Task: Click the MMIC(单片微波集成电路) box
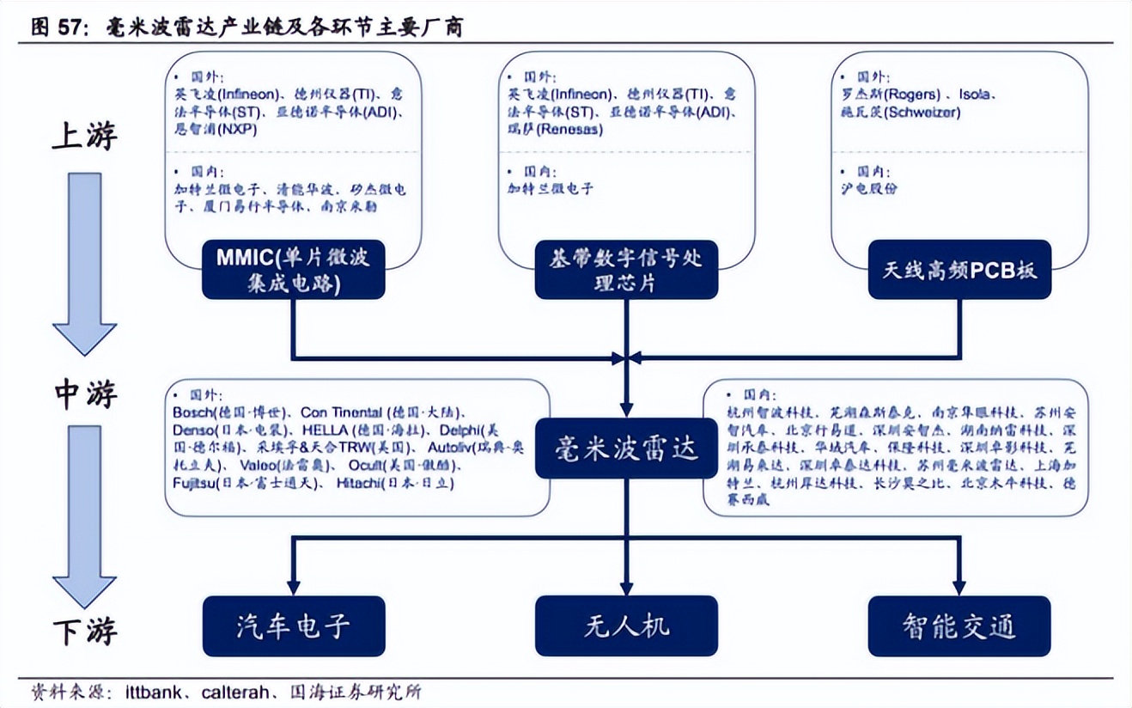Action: tap(294, 270)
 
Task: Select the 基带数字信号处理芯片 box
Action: tap(626, 270)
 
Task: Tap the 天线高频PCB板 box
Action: tap(959, 270)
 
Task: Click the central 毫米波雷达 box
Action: tap(626, 448)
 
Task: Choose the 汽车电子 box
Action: tap(294, 626)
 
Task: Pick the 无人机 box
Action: tap(626, 626)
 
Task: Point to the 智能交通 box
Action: tap(959, 626)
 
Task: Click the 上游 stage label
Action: tap(83, 136)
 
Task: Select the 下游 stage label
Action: tap(84, 632)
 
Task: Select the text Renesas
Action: tap(574, 130)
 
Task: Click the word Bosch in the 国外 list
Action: tap(191, 412)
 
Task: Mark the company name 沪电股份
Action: tap(868, 188)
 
